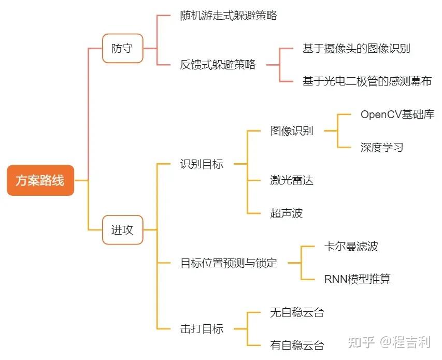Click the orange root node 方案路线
[x=40, y=180]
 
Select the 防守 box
[x=122, y=49]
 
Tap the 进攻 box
[x=122, y=229]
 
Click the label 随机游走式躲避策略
[x=229, y=16]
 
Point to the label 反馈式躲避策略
[x=218, y=65]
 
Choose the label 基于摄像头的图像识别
[x=357, y=49]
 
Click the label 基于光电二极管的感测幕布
[x=367, y=81]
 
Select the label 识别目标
[x=202, y=164]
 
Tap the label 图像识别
[x=292, y=131]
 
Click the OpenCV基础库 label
[x=397, y=114]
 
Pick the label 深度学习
[x=382, y=147]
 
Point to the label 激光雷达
[x=292, y=180]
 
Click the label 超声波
[x=286, y=213]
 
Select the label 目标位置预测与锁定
[x=229, y=263]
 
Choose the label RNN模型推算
[x=357, y=279]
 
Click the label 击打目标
[x=202, y=328]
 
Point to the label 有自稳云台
[x=297, y=345]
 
